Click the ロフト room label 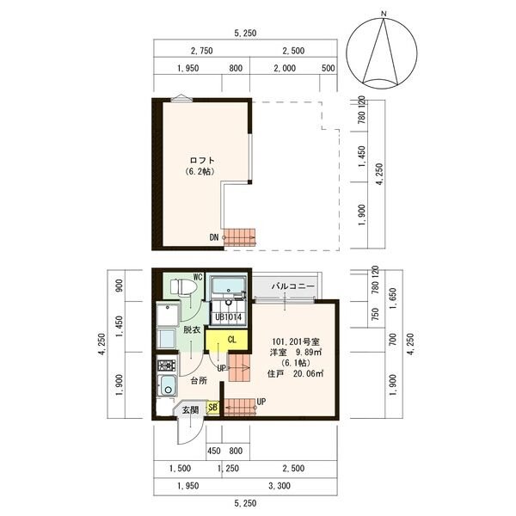(202, 161)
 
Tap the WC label (198, 277)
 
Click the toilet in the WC (184, 286)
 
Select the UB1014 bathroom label (229, 317)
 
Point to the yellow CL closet (226, 340)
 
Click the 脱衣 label (192, 329)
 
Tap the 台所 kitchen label (199, 381)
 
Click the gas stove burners (167, 365)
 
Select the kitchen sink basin (168, 385)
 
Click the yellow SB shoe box (212, 407)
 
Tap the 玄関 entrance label (191, 410)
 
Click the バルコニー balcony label (293, 286)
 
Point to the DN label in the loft (214, 237)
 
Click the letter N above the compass (384, 14)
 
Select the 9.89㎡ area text (309, 352)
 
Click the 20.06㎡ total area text (308, 373)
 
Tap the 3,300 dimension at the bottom (279, 486)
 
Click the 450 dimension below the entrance (214, 451)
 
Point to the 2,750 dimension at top (202, 51)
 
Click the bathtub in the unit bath (229, 286)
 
